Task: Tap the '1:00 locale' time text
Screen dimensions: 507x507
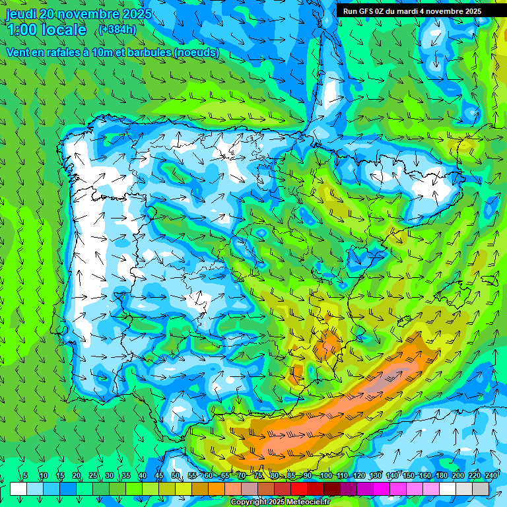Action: point(47,30)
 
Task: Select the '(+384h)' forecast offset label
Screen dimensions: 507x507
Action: point(117,29)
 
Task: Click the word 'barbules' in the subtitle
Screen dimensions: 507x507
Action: point(143,53)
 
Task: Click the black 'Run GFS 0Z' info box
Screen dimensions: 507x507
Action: point(412,11)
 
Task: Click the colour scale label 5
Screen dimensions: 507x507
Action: point(25,476)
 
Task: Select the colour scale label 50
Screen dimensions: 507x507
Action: point(176,476)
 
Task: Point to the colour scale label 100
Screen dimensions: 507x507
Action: point(325,476)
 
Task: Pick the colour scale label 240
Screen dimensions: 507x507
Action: point(491,476)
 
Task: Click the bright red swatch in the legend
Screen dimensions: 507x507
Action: point(299,489)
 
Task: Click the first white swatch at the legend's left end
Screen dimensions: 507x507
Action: point(18,489)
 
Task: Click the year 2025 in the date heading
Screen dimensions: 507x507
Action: point(136,14)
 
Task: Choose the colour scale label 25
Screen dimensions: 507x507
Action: point(93,476)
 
